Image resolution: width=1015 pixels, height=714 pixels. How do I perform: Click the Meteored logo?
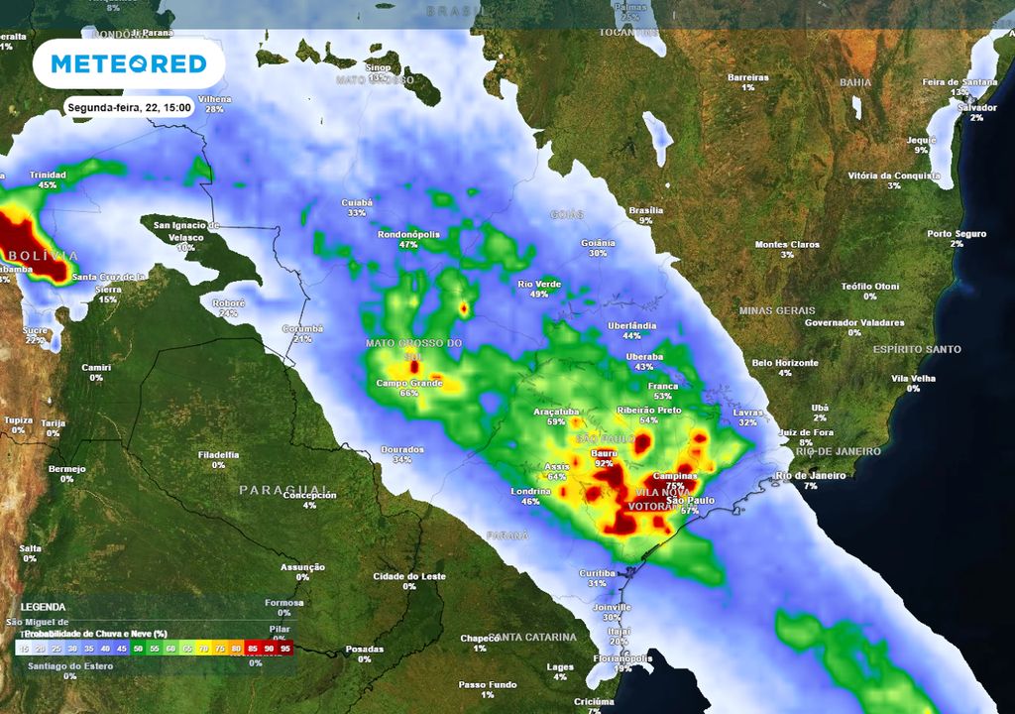pyautogui.click(x=129, y=64)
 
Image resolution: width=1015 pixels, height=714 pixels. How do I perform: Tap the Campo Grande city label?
pyautogui.click(x=408, y=383)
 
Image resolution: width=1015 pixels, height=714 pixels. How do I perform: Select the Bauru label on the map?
pyautogui.click(x=604, y=452)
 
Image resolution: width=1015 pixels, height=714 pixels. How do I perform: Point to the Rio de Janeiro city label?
pyautogui.click(x=811, y=476)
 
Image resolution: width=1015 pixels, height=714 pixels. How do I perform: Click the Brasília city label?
pyautogui.click(x=645, y=210)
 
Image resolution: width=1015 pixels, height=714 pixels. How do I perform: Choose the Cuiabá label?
pyautogui.click(x=357, y=202)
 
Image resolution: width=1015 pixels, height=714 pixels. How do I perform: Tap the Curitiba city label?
pyautogui.click(x=598, y=573)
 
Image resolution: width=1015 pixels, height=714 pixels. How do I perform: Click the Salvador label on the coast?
pyautogui.click(x=976, y=107)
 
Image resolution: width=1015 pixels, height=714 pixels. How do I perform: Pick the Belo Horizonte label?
pyautogui.click(x=784, y=363)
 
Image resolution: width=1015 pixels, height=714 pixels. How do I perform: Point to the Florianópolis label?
pyautogui.click(x=621, y=657)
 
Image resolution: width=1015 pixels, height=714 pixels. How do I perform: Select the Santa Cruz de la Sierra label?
pyautogui.click(x=108, y=282)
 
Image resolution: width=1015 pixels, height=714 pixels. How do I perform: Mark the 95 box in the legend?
pyautogui.click(x=285, y=648)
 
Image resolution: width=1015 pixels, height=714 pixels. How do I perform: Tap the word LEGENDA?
pyautogui.click(x=43, y=607)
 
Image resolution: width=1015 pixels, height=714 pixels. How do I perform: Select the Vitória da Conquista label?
pyautogui.click(x=894, y=176)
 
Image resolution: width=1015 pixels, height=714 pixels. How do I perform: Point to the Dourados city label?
pyautogui.click(x=401, y=449)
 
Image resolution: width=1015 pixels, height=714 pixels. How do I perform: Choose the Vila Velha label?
pyautogui.click(x=913, y=378)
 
